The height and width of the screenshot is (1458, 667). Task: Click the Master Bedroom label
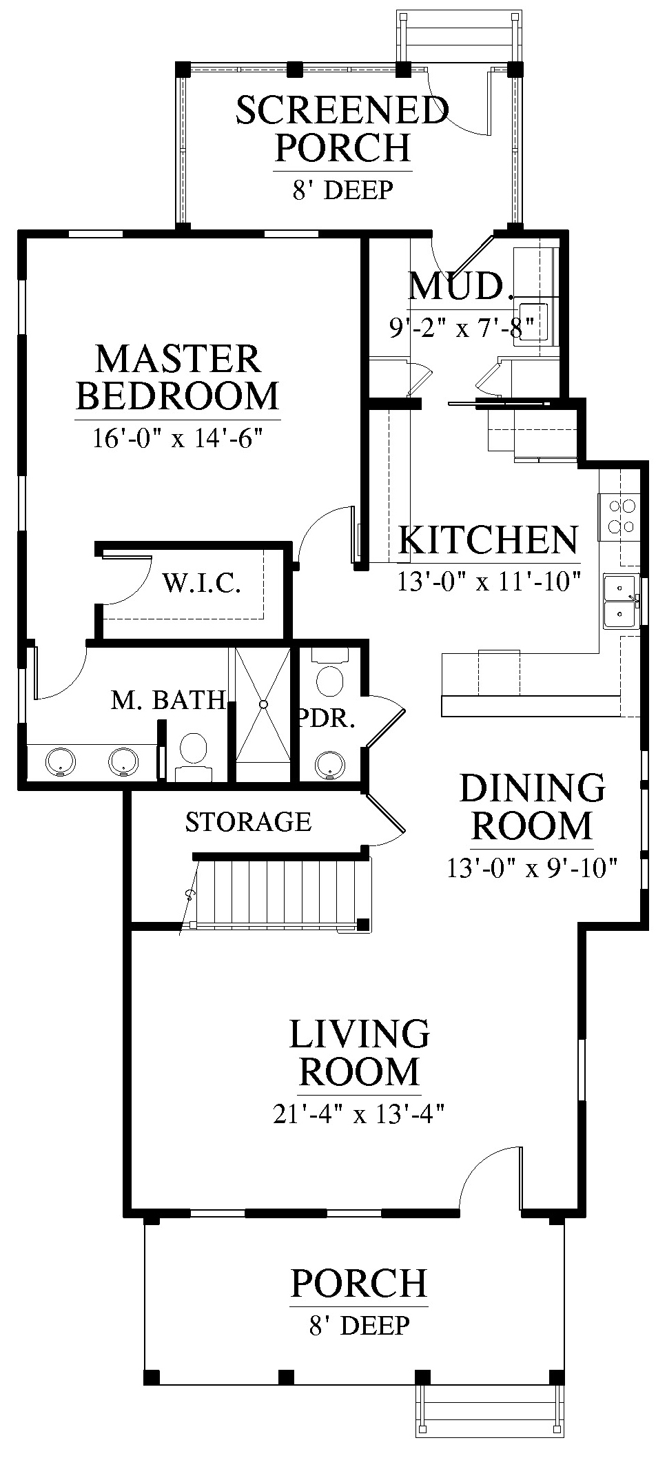[x=178, y=377]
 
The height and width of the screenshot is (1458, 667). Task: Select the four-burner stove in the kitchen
[x=619, y=517]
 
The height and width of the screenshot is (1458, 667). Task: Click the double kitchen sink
[x=621, y=602]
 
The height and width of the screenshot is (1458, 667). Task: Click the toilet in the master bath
[x=194, y=755]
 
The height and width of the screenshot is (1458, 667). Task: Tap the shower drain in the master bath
[x=263, y=704]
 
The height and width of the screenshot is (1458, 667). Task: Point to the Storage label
[x=248, y=821]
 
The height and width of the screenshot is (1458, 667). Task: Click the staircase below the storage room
[x=279, y=893]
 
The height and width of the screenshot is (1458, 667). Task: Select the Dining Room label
[x=532, y=807]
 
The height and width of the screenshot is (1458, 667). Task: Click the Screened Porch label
[x=342, y=128]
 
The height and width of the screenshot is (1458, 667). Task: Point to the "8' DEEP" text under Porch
[x=359, y=1325]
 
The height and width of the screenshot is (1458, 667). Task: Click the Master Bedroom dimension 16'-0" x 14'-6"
[x=178, y=438]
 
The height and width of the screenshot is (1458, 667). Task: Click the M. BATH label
[x=168, y=700]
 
